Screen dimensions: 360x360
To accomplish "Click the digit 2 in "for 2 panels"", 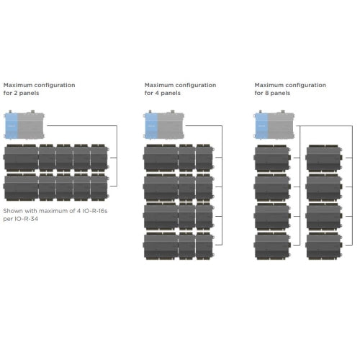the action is point(16,93).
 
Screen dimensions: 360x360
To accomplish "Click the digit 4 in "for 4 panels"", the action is point(157,93).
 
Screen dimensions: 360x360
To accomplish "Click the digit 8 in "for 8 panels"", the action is point(266,93).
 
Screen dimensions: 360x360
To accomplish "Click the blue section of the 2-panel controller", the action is point(11,125).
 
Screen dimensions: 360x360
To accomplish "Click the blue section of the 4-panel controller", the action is point(151,125).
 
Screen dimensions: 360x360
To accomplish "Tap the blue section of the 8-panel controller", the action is point(261,125).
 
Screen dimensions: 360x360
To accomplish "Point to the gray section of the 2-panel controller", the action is point(30,125).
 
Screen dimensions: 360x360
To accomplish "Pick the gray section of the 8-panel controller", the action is point(281,125).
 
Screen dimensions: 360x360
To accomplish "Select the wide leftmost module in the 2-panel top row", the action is point(21,158).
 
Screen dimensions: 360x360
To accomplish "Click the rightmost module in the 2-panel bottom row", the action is point(99,187).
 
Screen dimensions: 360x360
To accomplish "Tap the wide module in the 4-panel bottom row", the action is point(161,246).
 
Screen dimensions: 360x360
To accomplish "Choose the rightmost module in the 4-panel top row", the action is point(204,158).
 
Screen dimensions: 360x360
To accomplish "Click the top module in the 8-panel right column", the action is point(324,158).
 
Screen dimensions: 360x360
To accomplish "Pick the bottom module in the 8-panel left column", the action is point(272,246).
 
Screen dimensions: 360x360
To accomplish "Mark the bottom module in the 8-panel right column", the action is point(324,246).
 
